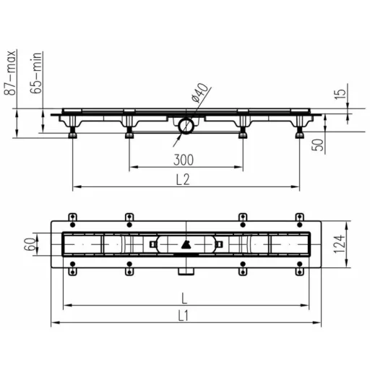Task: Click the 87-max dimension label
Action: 10,72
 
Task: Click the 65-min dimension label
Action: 36,73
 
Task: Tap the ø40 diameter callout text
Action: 199,92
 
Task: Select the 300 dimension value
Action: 184,160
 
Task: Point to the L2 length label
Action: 183,179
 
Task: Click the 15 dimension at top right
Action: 340,94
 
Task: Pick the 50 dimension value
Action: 318,145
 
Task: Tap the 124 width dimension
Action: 339,244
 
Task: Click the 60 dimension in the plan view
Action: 30,244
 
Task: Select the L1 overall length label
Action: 184,316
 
